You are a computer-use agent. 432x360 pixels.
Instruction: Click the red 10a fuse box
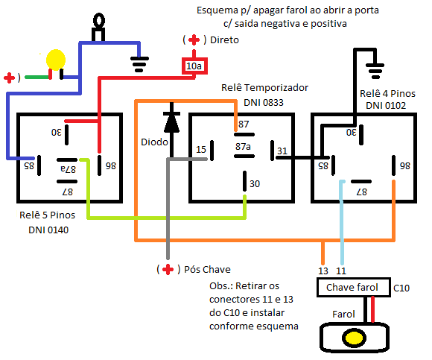[x=194, y=66]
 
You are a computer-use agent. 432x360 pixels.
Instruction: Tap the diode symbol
[x=171, y=122]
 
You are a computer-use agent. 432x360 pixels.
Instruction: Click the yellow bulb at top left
[x=56, y=60]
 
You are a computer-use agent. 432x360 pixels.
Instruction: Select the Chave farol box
[x=354, y=287]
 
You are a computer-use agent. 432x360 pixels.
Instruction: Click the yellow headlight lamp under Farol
[x=354, y=338]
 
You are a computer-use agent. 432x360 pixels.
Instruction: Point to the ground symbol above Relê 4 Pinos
[x=375, y=71]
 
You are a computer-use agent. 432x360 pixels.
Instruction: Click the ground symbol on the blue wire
[x=139, y=65]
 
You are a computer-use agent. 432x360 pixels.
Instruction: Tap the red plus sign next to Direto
[x=194, y=40]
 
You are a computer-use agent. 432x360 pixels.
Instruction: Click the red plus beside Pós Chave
[x=168, y=269]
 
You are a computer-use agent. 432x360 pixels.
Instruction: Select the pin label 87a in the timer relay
[x=243, y=146]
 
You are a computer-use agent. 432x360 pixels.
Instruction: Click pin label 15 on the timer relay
[x=201, y=150]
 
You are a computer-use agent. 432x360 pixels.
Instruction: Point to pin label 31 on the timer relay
[x=282, y=151]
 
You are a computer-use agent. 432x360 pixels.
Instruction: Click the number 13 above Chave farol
[x=323, y=271]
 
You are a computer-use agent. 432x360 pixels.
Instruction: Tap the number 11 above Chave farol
[x=341, y=271]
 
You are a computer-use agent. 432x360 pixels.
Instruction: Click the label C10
[x=401, y=288]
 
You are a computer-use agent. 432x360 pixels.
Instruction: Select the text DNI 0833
[x=264, y=103]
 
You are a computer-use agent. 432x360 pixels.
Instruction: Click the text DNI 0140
[x=48, y=230]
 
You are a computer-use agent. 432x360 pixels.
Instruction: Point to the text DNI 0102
[x=386, y=106]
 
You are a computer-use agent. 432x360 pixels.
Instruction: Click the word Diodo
[x=154, y=142]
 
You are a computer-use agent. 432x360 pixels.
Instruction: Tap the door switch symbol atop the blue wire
[x=99, y=27]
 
